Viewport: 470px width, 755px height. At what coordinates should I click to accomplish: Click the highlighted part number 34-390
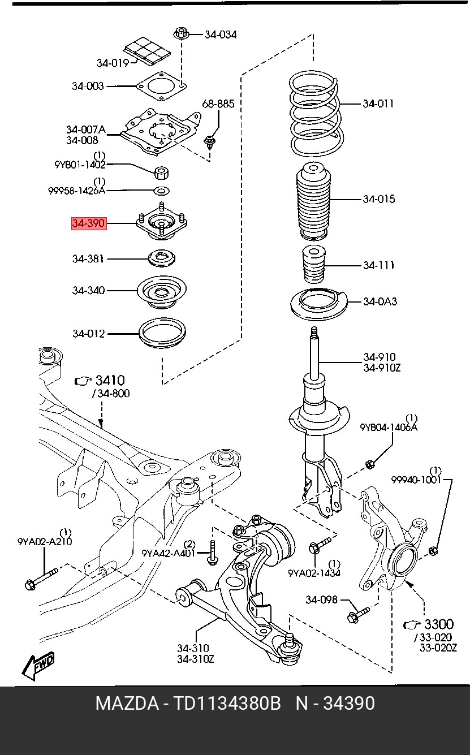(x=88, y=223)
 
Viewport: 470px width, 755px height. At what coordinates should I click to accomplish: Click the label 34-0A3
(x=380, y=301)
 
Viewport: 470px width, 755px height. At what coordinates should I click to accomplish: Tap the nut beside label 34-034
(x=181, y=33)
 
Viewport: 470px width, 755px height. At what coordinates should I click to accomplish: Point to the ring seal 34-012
(x=162, y=334)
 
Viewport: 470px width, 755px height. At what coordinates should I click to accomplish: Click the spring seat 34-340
(x=162, y=292)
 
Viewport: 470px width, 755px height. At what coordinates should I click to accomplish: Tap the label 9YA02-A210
(x=45, y=541)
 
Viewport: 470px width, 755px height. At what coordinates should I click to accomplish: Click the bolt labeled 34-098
(x=359, y=612)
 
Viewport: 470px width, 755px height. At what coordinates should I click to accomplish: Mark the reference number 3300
(x=438, y=624)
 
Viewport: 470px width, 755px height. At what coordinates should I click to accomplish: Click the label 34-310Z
(x=196, y=659)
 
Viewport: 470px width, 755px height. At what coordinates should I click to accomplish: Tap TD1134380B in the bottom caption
(x=227, y=704)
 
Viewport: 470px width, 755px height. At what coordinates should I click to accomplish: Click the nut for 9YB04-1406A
(x=370, y=464)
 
